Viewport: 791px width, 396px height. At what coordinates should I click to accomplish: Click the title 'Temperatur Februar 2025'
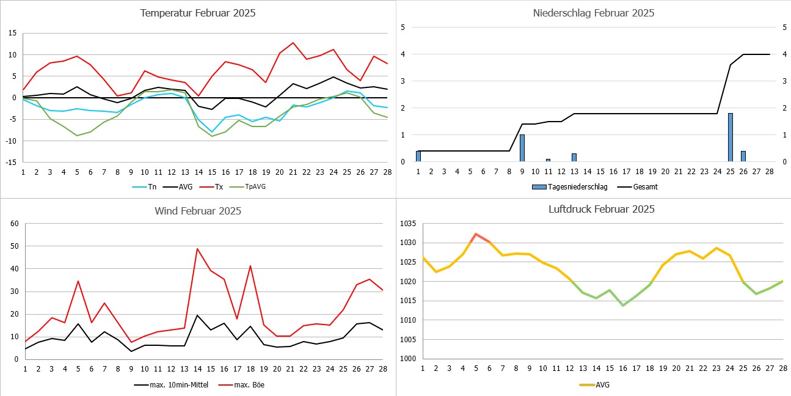[198, 13]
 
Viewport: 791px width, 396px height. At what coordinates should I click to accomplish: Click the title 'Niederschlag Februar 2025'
[594, 13]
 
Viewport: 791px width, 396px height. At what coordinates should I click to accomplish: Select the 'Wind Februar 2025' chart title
[198, 211]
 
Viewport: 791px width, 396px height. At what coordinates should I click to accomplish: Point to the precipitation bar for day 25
[730, 137]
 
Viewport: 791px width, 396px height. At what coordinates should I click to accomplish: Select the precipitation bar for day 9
[522, 148]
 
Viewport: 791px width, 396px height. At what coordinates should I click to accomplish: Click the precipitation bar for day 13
[574, 158]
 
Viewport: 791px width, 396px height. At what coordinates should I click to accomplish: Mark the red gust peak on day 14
[197, 249]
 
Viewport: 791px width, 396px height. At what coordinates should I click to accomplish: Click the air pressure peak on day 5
[476, 234]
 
